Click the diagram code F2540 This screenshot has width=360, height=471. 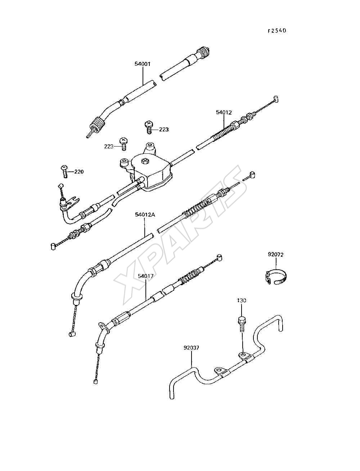[x=277, y=31]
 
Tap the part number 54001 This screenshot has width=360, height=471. [x=143, y=64]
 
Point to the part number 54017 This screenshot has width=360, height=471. [x=146, y=276]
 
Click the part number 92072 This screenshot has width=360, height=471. [x=275, y=255]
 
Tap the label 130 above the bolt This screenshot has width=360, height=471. [x=242, y=301]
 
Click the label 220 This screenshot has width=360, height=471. [x=79, y=172]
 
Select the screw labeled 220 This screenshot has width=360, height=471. [x=64, y=171]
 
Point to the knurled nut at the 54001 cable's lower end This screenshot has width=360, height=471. [x=98, y=125]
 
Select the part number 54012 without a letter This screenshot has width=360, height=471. [x=224, y=112]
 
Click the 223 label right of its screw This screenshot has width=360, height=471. [x=164, y=130]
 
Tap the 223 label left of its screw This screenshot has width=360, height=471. [x=109, y=147]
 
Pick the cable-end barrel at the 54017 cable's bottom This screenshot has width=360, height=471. [x=96, y=381]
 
